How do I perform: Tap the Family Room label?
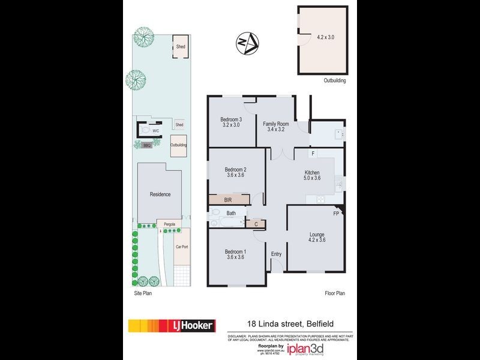point(276,124)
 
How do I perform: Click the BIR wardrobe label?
point(229,200)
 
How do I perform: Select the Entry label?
point(276,254)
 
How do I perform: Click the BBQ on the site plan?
point(147,145)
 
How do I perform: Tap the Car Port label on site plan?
point(182,247)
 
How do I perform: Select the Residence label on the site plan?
point(160,194)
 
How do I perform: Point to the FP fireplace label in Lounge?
point(336,213)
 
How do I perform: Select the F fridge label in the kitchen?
point(313,154)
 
